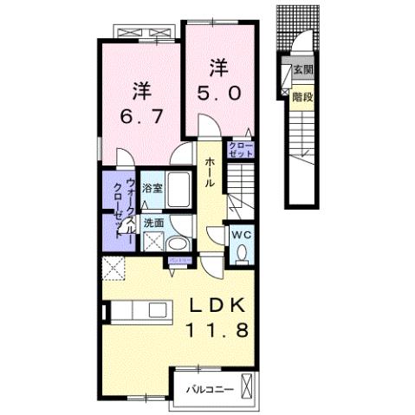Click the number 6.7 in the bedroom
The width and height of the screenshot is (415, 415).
[141, 115]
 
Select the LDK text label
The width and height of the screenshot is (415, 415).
[219, 307]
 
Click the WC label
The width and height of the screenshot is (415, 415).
[241, 234]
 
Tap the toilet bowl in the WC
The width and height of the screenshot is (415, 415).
[243, 252]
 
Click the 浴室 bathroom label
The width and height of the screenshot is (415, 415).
[152, 186]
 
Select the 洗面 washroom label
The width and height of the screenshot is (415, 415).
[152, 222]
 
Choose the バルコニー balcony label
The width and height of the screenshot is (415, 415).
[209, 390]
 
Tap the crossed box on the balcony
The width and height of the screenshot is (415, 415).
[249, 385]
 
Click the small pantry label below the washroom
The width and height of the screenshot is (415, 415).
[179, 258]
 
